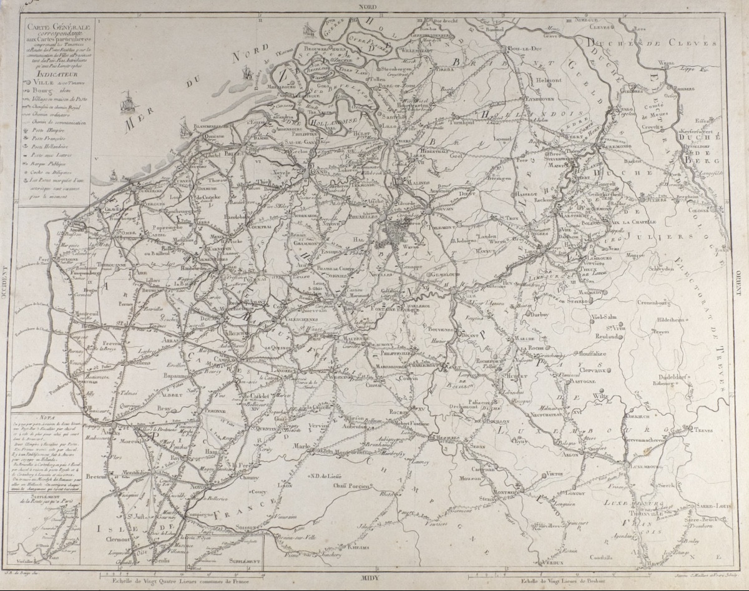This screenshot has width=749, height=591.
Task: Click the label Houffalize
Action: coord(583,353)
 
